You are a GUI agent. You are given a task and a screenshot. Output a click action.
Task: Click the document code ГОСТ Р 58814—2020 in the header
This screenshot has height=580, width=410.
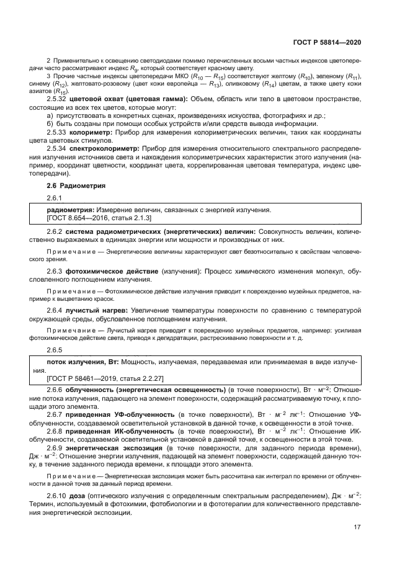pos(327,42)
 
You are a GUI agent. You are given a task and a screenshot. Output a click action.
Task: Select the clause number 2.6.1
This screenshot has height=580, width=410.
pos(55,198)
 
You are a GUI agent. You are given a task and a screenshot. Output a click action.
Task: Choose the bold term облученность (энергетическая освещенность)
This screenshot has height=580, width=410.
pos(147,389)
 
